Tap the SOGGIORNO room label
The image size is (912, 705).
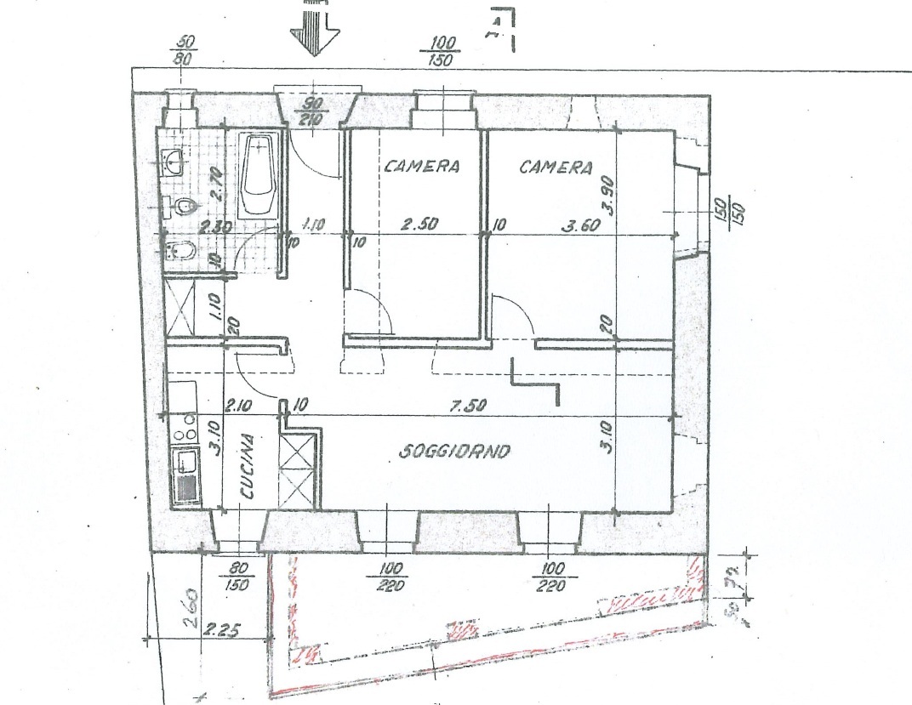coord(455,452)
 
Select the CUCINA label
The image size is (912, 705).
coord(248,467)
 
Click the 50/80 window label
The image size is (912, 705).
coord(184,52)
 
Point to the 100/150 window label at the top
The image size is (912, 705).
coord(442,52)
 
